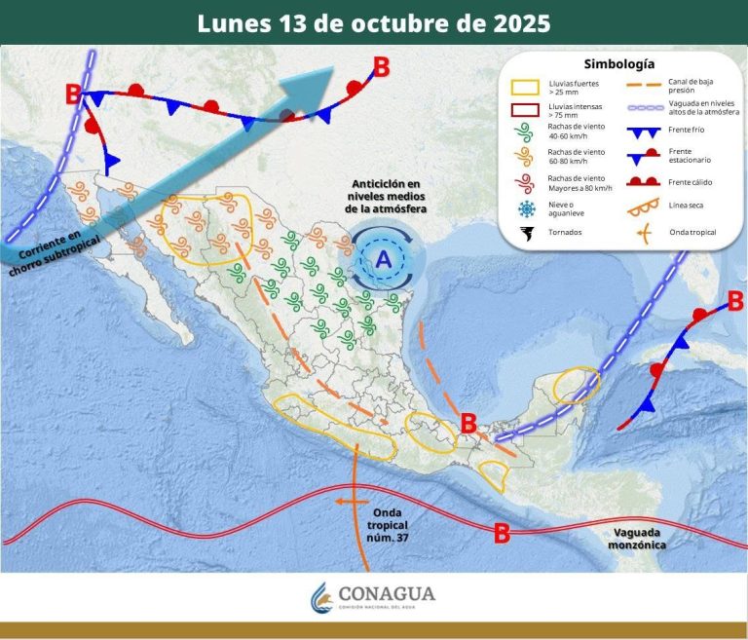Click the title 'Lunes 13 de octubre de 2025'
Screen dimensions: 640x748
[x=374, y=23]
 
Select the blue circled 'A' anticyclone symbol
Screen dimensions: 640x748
[x=384, y=259]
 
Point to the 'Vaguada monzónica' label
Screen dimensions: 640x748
[x=640, y=539]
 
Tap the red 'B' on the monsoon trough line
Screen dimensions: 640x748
[x=503, y=533]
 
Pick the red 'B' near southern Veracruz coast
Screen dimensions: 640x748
[x=467, y=423]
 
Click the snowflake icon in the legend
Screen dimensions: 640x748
[x=527, y=208]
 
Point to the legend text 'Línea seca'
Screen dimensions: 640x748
[x=687, y=205]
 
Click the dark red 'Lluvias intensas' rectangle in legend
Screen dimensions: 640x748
[x=527, y=109]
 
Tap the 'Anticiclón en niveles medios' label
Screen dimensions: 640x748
[x=386, y=196]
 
